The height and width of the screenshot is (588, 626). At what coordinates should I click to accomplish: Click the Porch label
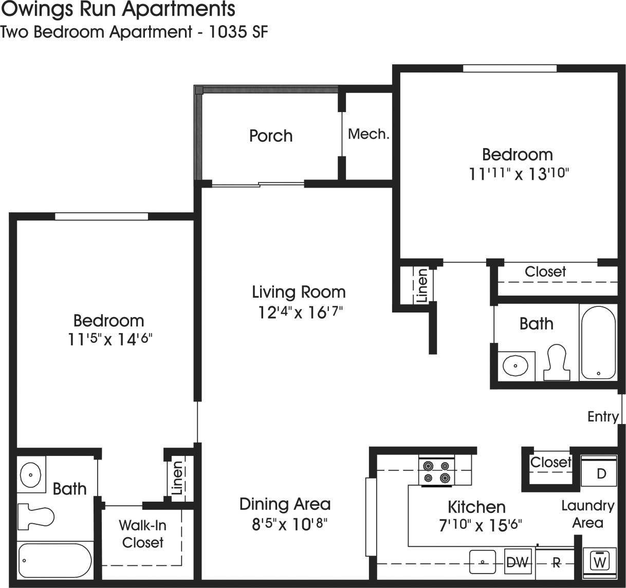click(x=270, y=136)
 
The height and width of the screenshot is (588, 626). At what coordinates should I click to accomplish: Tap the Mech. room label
click(x=369, y=134)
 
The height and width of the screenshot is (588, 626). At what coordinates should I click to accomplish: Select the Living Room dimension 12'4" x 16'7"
click(x=300, y=312)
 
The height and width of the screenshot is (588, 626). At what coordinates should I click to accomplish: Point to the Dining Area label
click(x=285, y=504)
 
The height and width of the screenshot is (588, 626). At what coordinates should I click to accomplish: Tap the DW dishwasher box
click(x=517, y=562)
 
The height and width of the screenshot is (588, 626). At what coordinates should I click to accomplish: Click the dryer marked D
click(x=600, y=473)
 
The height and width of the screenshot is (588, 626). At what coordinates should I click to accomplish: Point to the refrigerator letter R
click(x=556, y=563)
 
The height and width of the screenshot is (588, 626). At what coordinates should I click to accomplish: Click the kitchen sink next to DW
click(x=483, y=562)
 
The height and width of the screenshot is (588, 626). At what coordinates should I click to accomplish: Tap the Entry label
click(x=602, y=416)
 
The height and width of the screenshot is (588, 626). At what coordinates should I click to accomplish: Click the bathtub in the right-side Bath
click(x=598, y=342)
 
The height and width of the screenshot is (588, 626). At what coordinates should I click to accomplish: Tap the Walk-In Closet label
click(x=142, y=534)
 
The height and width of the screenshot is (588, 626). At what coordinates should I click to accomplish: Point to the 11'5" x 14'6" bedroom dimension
click(x=110, y=339)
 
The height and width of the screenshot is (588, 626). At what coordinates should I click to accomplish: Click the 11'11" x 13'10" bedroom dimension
click(x=518, y=174)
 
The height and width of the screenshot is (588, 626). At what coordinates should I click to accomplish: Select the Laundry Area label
click(x=587, y=514)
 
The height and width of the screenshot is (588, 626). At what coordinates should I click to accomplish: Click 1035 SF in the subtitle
click(x=238, y=32)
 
